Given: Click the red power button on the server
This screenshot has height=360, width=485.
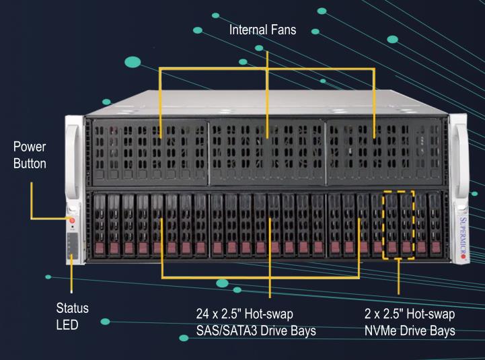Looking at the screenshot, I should tap(72, 220).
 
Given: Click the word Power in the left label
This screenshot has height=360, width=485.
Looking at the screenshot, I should tap(28, 146).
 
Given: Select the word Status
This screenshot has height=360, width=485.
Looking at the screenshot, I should tap(73, 309).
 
